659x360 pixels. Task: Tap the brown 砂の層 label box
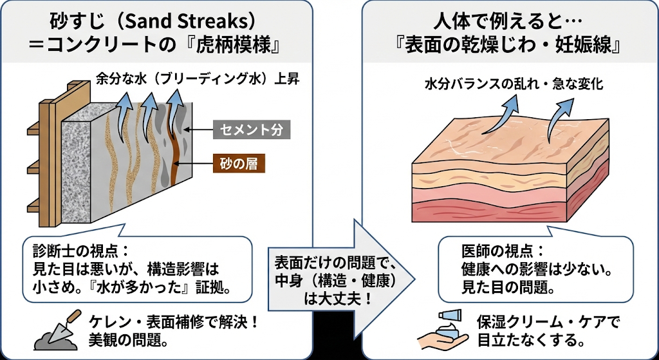pyautogui.click(x=239, y=162)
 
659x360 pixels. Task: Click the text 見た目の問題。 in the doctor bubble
pyautogui.click(x=508, y=287)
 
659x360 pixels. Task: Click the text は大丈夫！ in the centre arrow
pyautogui.click(x=333, y=299)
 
